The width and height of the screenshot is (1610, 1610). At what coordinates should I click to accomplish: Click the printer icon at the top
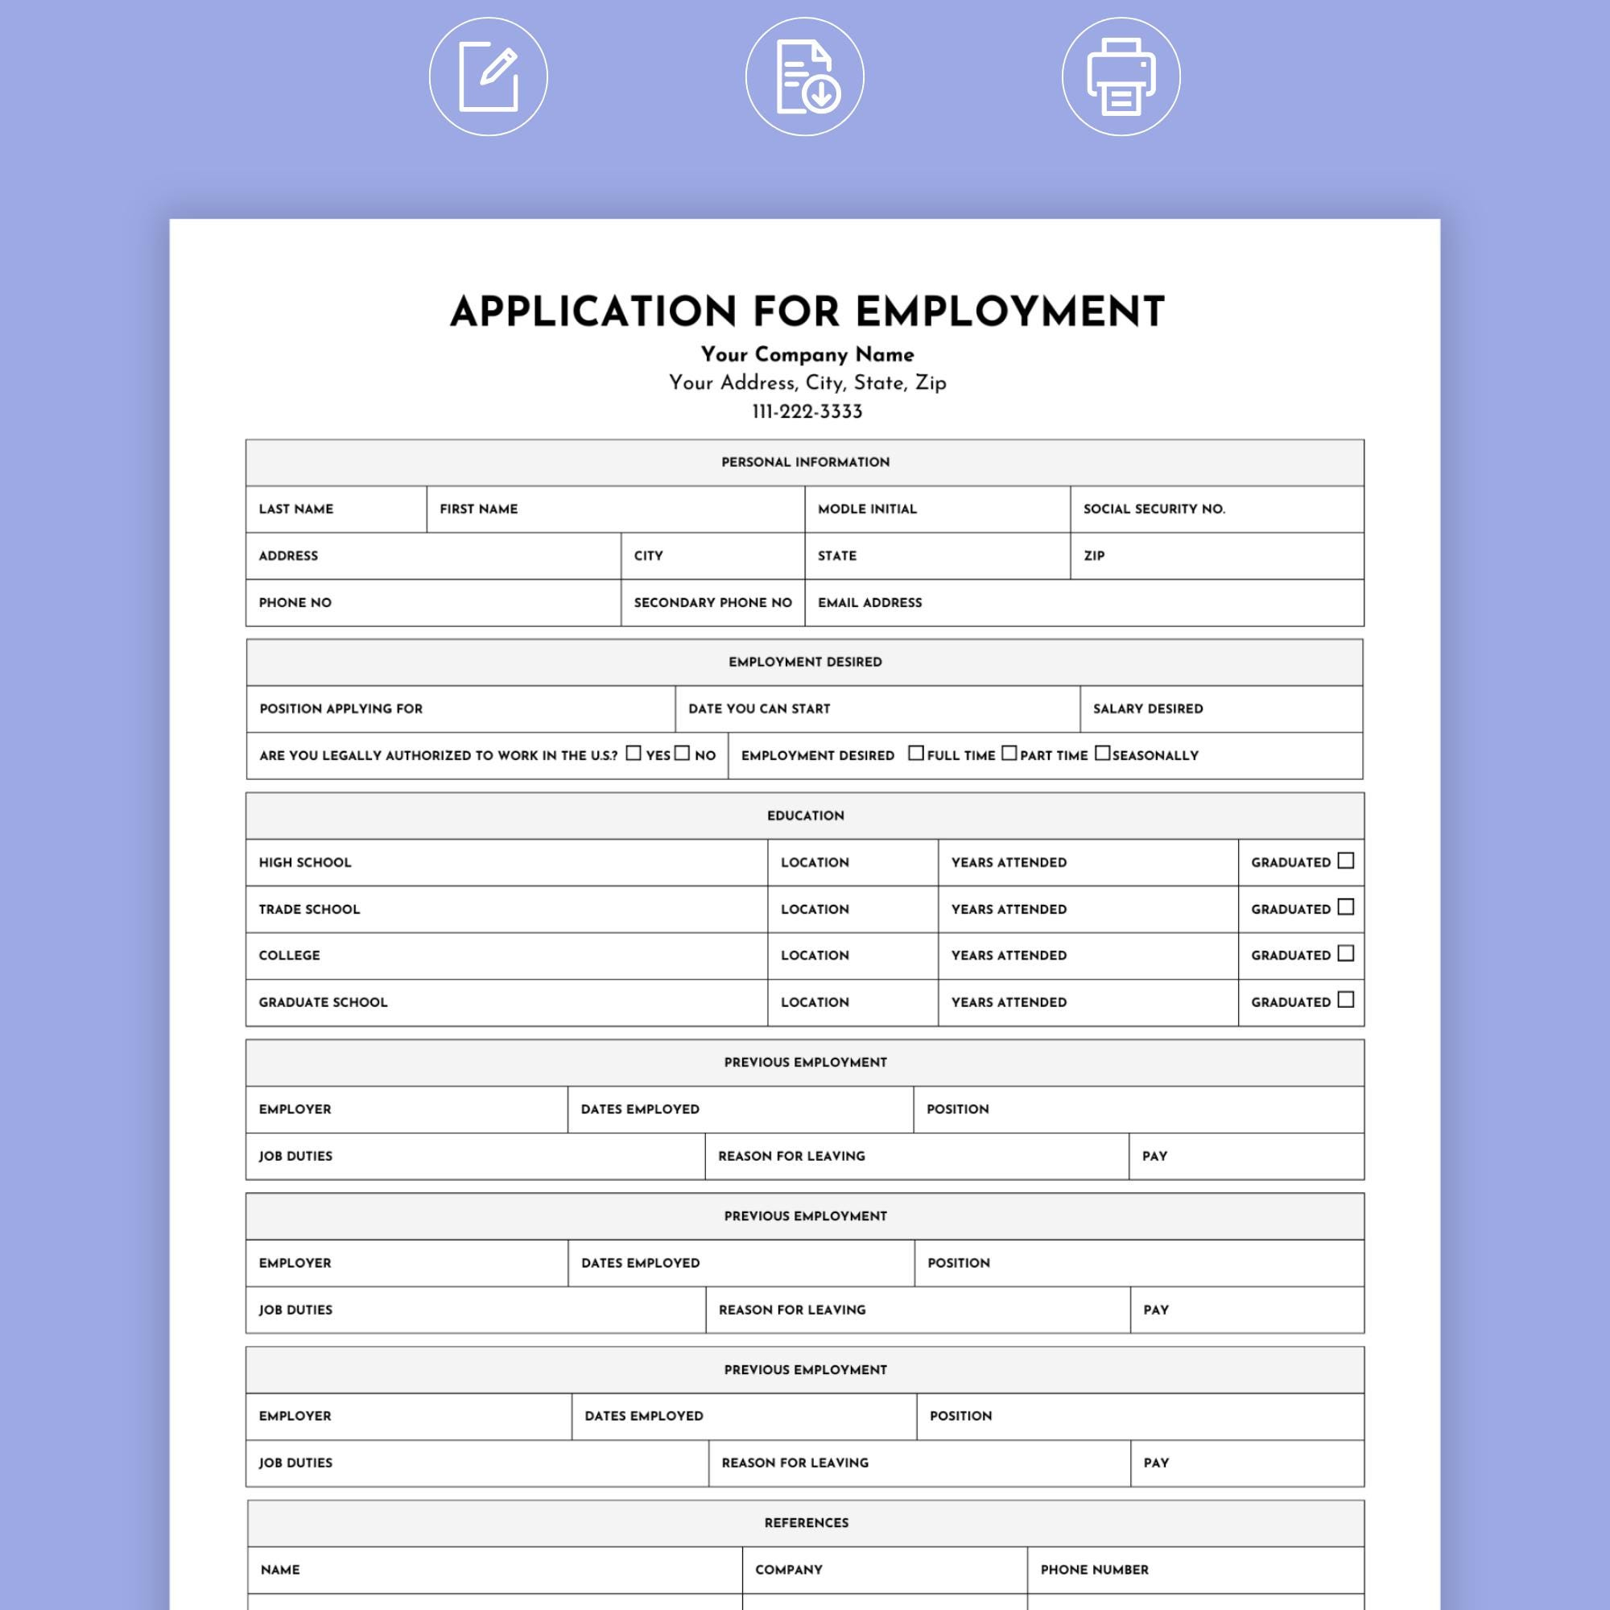[x=1121, y=76]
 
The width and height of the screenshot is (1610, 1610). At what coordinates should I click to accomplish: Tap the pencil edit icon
[x=489, y=76]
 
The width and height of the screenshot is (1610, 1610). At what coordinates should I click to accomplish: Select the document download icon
[x=805, y=76]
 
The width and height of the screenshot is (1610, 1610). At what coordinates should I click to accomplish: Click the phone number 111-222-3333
[x=807, y=411]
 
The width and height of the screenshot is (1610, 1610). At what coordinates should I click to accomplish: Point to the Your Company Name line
[x=807, y=354]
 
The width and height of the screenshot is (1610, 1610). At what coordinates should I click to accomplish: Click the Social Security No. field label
[x=1154, y=510]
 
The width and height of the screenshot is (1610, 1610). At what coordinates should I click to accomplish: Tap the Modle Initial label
[x=867, y=510]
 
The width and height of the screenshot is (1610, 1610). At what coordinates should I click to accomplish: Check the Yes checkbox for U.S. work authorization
[x=634, y=753]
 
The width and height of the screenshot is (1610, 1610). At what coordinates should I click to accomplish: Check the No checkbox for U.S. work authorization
[x=683, y=753]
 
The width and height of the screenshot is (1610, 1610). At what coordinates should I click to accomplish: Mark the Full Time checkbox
[x=916, y=753]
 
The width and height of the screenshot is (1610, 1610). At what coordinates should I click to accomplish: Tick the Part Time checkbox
[x=1009, y=753]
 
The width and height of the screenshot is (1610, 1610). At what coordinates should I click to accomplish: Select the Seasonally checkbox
[x=1103, y=753]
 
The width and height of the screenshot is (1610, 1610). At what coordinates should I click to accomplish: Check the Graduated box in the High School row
[x=1346, y=861]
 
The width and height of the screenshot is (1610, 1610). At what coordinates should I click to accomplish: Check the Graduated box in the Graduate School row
[x=1346, y=1000]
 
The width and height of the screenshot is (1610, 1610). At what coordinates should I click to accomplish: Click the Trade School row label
[x=309, y=909]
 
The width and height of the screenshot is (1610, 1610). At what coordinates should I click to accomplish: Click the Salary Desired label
[x=1147, y=709]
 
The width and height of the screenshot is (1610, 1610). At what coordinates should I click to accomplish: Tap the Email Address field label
[x=869, y=602]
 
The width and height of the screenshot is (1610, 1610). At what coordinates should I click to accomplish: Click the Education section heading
[x=805, y=815]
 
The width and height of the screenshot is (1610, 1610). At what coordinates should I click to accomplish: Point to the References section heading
[x=806, y=1522]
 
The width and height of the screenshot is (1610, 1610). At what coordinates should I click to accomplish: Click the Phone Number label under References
[x=1094, y=1570]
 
